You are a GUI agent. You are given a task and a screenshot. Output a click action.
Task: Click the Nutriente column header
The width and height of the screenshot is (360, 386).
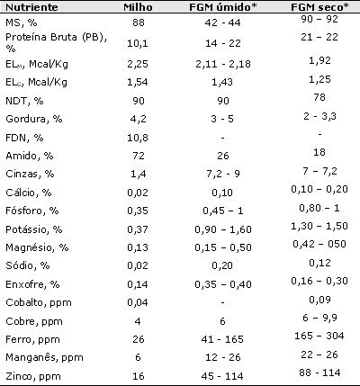31,7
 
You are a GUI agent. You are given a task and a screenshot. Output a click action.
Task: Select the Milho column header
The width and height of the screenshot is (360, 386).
138,7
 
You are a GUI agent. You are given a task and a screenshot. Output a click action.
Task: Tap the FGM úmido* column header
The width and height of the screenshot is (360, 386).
223,7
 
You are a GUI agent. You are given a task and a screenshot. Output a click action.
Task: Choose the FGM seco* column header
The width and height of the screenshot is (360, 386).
319,7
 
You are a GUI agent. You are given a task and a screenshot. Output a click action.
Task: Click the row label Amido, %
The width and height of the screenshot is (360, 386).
30,156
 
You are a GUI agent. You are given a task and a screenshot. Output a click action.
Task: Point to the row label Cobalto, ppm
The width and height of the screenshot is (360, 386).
39,302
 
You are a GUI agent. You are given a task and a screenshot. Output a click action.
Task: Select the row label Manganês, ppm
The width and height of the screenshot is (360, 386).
44,357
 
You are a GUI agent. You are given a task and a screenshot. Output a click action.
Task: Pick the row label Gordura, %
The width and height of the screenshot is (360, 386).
33,119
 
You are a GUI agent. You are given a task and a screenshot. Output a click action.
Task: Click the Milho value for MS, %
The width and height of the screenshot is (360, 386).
139,22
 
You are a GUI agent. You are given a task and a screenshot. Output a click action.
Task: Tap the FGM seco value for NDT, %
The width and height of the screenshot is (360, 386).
319,97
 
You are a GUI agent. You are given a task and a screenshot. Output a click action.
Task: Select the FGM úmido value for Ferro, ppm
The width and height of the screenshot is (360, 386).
222,339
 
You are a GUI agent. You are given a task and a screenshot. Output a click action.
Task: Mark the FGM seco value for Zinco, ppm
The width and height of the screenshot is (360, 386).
319,373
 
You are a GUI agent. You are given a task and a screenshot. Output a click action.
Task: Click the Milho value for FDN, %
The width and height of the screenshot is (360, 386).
138,138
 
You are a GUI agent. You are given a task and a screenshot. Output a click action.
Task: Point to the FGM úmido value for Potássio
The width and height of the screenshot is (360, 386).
223,229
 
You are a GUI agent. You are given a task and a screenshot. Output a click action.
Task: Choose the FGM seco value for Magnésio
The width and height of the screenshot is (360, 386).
319,244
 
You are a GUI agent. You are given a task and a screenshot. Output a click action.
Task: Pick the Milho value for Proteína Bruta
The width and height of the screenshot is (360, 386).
138,43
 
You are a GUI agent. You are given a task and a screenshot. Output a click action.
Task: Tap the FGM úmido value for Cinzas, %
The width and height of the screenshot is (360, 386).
223,174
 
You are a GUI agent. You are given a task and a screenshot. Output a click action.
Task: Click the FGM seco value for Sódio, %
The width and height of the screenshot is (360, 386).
319,263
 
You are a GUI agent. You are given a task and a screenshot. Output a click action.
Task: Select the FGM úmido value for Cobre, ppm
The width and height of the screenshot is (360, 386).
222,321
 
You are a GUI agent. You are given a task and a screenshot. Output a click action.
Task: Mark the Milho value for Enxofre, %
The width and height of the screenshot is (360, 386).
138,284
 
